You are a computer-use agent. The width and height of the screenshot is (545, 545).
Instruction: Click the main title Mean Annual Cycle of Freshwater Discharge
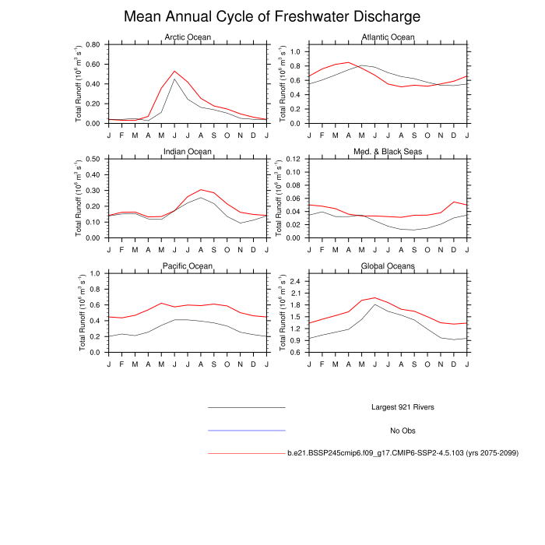272,16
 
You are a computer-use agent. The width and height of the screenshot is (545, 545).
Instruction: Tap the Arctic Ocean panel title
187,37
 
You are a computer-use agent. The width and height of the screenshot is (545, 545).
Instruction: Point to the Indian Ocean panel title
187,151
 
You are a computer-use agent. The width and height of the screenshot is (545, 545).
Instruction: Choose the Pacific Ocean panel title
187,266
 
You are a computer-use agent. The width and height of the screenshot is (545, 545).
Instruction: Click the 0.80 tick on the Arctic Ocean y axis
93,44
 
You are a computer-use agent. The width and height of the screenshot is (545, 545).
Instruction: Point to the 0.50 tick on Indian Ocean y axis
93,159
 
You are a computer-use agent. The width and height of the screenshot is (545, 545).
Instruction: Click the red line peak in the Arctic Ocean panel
174,71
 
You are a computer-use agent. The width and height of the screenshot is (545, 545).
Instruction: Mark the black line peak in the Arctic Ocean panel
174,79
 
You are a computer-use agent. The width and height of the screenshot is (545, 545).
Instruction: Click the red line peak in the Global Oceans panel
375,297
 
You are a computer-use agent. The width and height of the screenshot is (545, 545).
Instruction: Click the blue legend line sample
247,431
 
